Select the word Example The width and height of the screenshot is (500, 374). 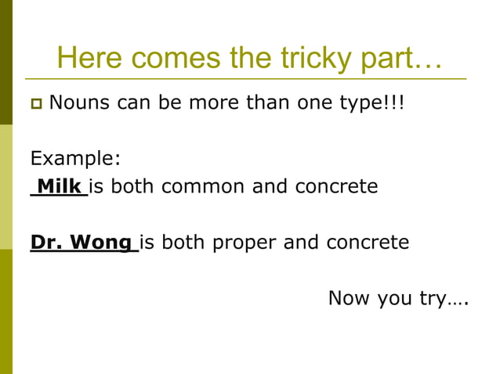pyautogui.click(x=75, y=159)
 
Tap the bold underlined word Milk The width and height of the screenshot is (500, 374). pyautogui.click(x=60, y=187)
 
